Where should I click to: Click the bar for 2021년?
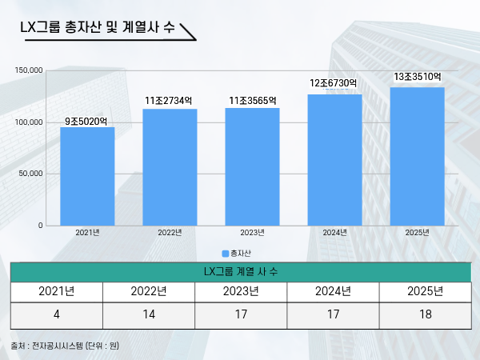(87, 176)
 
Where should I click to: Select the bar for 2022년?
(170, 167)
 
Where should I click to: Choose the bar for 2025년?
(417, 156)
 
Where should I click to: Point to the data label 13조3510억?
(418, 77)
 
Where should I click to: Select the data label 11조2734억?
(169, 101)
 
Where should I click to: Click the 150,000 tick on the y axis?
(29, 70)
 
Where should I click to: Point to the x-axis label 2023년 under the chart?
(252, 233)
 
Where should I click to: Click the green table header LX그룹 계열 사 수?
(240, 272)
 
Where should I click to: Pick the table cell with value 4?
(57, 313)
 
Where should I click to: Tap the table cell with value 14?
(148, 313)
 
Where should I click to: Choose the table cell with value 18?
(424, 313)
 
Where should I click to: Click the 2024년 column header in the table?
(332, 290)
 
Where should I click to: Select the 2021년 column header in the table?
(57, 290)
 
